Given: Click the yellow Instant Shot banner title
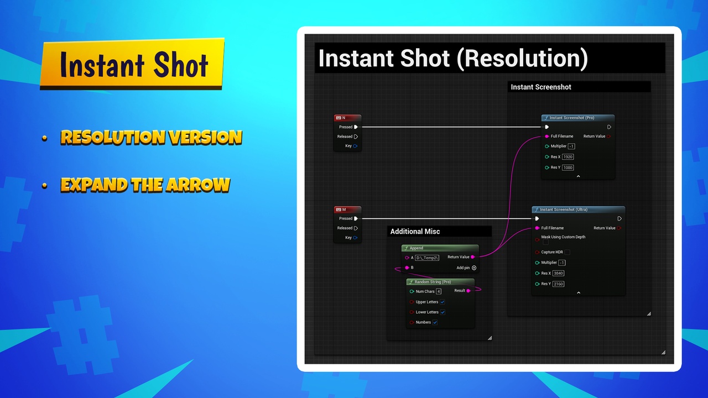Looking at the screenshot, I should pyautogui.click(x=133, y=65).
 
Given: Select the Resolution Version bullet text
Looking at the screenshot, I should pyautogui.click(x=151, y=137).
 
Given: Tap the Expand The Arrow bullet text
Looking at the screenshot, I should pyautogui.click(x=145, y=185).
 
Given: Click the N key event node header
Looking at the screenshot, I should pyautogui.click(x=347, y=118).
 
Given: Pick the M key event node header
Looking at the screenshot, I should pyautogui.click(x=347, y=210).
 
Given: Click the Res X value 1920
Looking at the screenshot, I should pyautogui.click(x=568, y=157).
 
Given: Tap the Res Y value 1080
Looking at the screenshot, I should pyautogui.click(x=568, y=167).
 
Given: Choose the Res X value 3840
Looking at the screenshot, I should pyautogui.click(x=558, y=273).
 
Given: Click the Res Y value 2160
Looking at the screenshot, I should pyautogui.click(x=558, y=284).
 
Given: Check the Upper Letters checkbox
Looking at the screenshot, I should pyautogui.click(x=442, y=302).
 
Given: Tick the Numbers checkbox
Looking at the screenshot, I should pyautogui.click(x=435, y=322).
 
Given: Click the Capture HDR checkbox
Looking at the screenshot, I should pyautogui.click(x=567, y=252).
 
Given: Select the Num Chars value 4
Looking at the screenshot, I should pyautogui.click(x=439, y=291).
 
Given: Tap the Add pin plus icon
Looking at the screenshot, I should pyautogui.click(x=474, y=268).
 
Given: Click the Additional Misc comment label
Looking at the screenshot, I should pyautogui.click(x=415, y=232).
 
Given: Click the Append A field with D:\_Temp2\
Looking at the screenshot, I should pyautogui.click(x=427, y=258).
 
